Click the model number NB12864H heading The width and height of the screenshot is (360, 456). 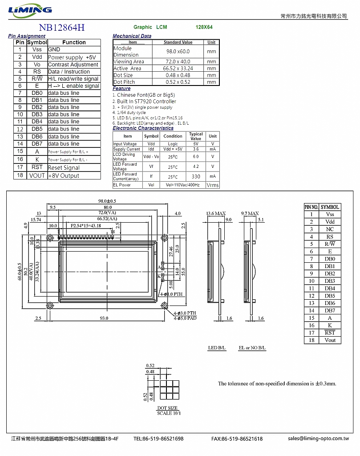pos(61,28)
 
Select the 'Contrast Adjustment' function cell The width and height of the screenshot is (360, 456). pos(73,65)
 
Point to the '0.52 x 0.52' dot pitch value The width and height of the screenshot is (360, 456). pos(178,82)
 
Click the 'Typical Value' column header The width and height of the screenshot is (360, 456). pos(196,136)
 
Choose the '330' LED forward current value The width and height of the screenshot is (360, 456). pos(196,177)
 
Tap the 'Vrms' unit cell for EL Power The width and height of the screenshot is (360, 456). pos(213,185)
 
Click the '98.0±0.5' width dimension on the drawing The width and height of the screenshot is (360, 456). pos(107,201)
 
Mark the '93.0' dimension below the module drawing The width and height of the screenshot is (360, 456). pos(104,318)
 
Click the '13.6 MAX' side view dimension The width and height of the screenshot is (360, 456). pos(216,214)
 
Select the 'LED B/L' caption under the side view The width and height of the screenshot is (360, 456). pos(217,348)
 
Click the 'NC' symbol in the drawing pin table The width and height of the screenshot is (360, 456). pos(330,229)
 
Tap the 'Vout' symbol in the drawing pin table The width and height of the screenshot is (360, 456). pos(330,340)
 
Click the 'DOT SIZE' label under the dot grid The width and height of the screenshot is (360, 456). pos(167,408)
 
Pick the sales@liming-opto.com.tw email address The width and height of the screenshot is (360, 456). pos(318,439)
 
